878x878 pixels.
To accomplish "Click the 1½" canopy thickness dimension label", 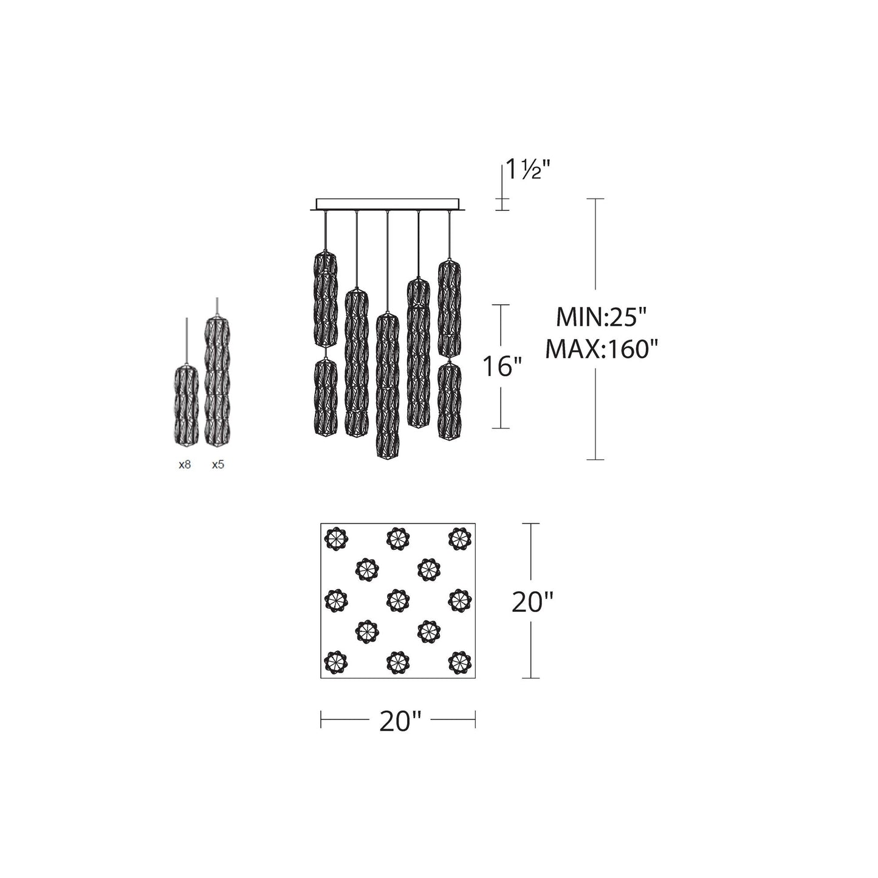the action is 529,170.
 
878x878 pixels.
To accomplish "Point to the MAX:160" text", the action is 602,349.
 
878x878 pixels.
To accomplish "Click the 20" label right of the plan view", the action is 532,603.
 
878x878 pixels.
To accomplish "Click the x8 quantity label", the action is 185,465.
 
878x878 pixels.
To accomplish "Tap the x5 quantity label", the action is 218,465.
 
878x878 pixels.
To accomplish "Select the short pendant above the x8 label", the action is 187,405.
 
